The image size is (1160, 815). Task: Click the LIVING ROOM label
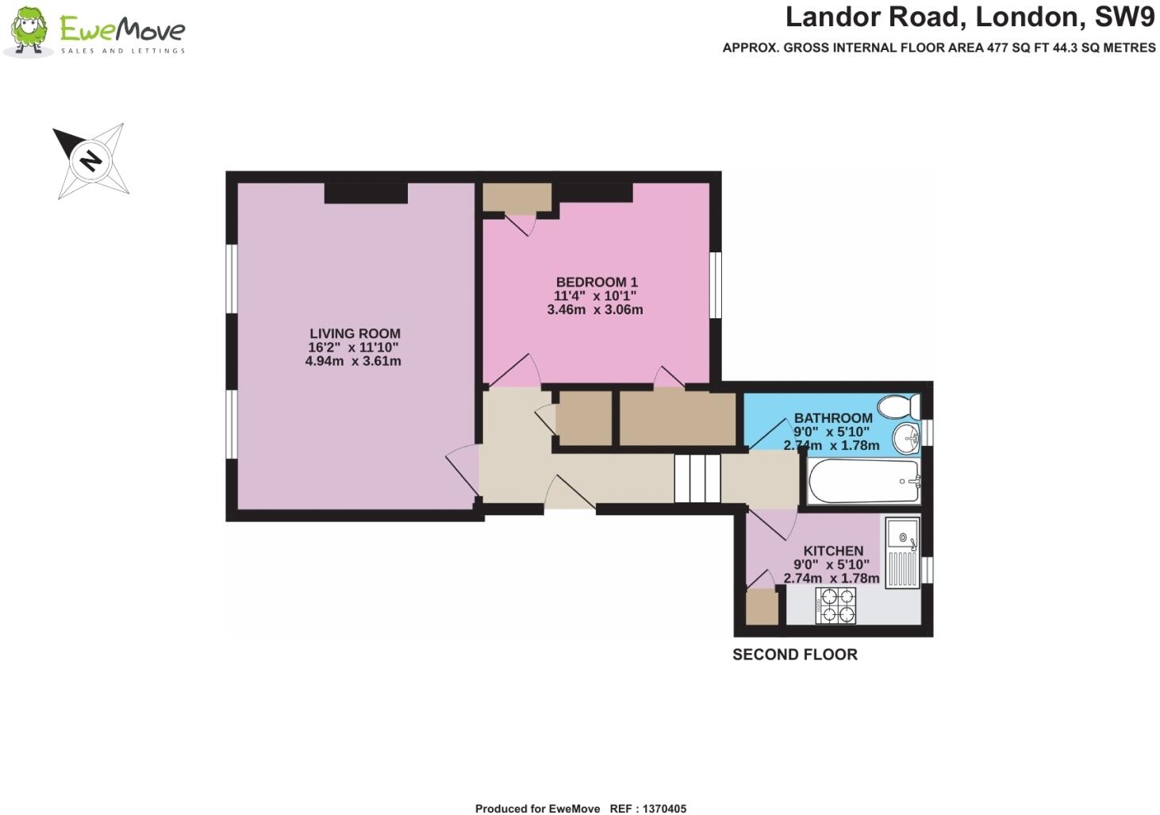[355, 334]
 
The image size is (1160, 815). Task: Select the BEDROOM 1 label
[597, 282]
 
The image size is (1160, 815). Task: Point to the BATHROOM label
[833, 418]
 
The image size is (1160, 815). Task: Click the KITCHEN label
[833, 551]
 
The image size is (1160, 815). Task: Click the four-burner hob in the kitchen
[836, 605]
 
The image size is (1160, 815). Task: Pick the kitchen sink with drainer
[902, 552]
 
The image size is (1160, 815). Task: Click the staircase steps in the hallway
[697, 479]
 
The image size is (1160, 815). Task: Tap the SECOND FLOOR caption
[794, 655]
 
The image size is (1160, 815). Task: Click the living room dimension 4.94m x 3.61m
[353, 361]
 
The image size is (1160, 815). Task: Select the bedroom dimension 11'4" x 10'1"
[595, 296]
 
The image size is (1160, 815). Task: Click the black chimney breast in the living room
[366, 193]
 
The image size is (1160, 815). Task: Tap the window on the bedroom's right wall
[715, 285]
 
